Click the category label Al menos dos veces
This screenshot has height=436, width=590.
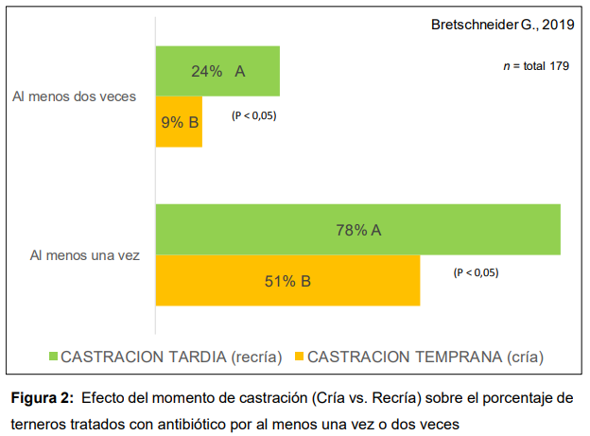click(74, 96)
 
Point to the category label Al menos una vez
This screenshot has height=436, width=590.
click(85, 255)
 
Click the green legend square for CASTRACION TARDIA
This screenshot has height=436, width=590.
click(54, 358)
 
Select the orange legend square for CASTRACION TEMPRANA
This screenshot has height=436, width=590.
click(299, 358)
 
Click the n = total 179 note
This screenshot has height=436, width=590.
click(535, 66)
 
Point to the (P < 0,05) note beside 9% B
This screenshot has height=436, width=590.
click(253, 115)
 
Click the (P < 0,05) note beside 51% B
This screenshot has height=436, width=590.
click(476, 272)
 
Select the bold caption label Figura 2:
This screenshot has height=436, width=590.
click(42, 397)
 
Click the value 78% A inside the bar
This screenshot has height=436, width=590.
click(358, 230)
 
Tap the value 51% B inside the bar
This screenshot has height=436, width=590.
click(287, 281)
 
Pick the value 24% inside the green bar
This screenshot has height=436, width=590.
click(206, 72)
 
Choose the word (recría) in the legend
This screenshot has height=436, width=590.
click(257, 358)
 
